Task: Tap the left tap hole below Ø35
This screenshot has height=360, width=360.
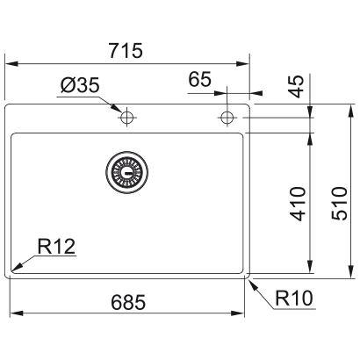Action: click(127, 117)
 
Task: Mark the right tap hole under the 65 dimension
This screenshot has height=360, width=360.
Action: click(228, 117)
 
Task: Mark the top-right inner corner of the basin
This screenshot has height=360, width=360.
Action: click(243, 134)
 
